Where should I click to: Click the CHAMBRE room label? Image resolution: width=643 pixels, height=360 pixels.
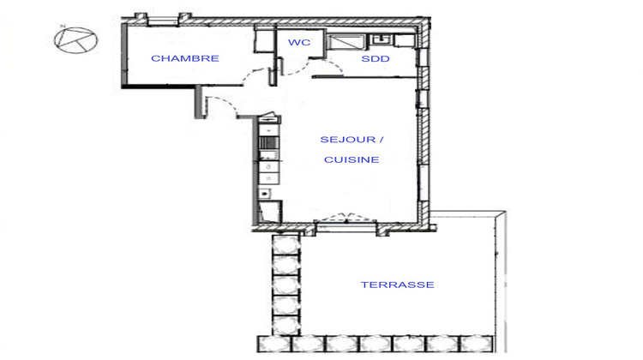[x=185, y=58]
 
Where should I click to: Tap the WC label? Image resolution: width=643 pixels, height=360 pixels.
[x=299, y=42]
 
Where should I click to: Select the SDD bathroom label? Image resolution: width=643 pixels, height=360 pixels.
[x=375, y=58]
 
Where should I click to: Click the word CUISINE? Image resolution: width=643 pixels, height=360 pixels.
[x=352, y=159]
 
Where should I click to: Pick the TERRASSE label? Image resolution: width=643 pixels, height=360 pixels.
[x=397, y=285]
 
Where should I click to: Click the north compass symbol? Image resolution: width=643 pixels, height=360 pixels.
[x=76, y=39]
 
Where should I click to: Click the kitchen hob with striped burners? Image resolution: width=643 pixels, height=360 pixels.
[x=267, y=143]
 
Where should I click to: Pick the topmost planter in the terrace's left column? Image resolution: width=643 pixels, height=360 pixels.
[x=285, y=243]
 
